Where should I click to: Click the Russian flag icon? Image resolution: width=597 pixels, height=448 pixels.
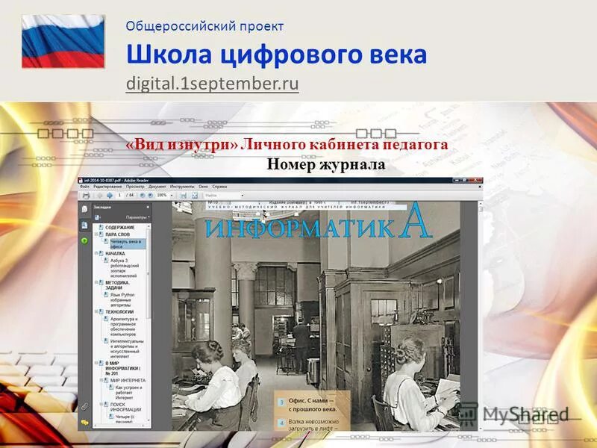[63, 42]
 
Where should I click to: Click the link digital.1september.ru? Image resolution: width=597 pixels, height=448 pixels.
[212, 83]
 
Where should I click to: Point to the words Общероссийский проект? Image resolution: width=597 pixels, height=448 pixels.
[204, 26]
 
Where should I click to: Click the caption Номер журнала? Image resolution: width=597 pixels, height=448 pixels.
[326, 164]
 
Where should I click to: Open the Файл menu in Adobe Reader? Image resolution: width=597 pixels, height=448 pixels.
[84, 186]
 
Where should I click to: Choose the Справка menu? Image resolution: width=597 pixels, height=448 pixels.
[219, 186]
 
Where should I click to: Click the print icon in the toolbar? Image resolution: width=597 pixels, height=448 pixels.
[87, 195]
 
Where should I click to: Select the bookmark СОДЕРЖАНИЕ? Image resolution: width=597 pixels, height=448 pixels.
[119, 227]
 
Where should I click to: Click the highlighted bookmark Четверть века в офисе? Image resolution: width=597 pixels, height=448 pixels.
[128, 243]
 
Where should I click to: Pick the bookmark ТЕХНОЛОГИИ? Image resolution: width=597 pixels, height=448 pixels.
[119, 311]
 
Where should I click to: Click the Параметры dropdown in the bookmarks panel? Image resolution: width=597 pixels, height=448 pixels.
[137, 217]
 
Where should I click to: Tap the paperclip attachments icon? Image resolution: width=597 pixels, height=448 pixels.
[85, 407]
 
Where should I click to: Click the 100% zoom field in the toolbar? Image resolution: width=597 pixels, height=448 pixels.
[161, 195]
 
